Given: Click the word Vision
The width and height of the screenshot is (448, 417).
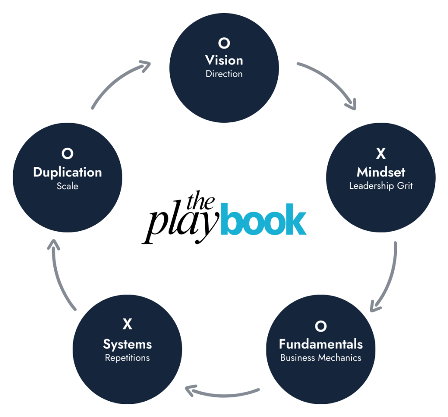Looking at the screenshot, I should (x=224, y=60).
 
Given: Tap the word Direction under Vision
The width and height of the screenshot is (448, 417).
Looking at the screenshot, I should (x=224, y=74).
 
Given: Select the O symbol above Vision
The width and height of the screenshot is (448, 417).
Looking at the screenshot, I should (x=224, y=43).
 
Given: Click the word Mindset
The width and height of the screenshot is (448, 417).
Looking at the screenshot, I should (x=381, y=171).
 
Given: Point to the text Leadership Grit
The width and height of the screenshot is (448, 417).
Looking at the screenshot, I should (x=381, y=186).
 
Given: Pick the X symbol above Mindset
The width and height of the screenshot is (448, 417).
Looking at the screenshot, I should (x=381, y=154).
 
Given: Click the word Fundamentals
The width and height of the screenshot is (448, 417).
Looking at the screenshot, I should (x=321, y=343).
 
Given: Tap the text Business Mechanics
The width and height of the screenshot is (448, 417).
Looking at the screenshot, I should (x=321, y=358).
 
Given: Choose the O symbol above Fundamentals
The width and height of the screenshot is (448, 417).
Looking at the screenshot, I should (x=321, y=326).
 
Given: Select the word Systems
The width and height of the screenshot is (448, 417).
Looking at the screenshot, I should (x=127, y=344).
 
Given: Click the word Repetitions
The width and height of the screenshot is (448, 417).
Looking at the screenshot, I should (x=127, y=358).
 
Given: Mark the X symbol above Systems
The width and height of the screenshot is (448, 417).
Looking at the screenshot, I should (x=127, y=325).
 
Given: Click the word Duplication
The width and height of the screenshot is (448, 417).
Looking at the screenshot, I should (x=67, y=172).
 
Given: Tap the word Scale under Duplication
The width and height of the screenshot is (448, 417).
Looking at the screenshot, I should (x=67, y=186).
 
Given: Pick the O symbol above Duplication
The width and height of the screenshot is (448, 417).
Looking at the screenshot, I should (x=67, y=154).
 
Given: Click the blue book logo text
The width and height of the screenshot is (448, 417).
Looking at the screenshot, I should (x=263, y=219).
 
